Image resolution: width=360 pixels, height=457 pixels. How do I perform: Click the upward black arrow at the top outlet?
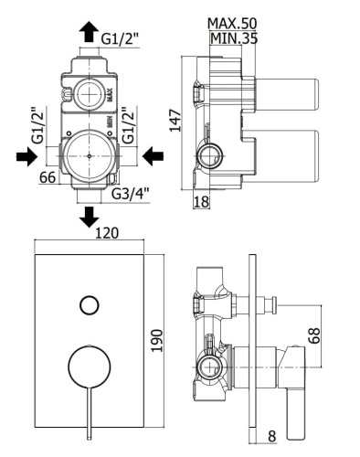point(88,33)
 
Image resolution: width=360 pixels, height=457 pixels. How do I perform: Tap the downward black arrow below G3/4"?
point(89,218)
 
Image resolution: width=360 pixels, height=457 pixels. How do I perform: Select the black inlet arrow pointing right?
point(26,157)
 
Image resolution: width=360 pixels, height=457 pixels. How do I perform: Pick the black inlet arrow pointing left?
point(153,157)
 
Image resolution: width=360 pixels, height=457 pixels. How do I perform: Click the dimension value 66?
point(49,177)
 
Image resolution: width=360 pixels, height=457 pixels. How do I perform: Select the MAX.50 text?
point(232,21)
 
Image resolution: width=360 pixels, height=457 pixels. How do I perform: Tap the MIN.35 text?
point(232,39)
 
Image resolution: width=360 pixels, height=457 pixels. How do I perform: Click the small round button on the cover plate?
point(89,304)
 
